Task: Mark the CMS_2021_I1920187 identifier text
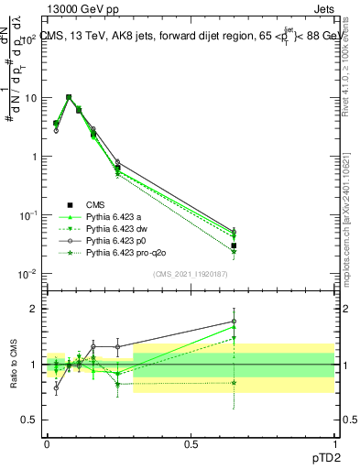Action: click(191, 274)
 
